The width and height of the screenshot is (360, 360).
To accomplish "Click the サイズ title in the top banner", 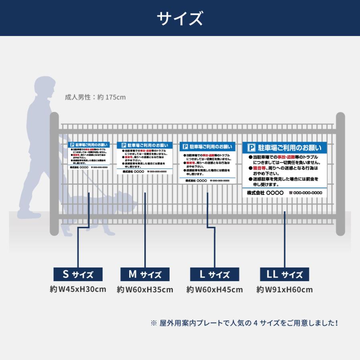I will click(180, 18).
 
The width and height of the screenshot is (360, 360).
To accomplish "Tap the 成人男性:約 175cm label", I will click(95, 97).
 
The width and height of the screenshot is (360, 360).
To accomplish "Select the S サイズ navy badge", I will click(78, 274).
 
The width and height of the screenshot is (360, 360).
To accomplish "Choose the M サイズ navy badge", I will click(145, 274).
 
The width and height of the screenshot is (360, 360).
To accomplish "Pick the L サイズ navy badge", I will click(214, 274).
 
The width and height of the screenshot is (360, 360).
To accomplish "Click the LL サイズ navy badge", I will click(284, 274).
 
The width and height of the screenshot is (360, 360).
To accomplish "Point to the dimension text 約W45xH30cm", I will click(78, 289).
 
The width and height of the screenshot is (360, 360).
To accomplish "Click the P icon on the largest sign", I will click(252, 148).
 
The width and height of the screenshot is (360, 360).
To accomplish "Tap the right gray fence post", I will click(340, 174).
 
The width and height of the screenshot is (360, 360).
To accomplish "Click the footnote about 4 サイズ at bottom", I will click(244, 323).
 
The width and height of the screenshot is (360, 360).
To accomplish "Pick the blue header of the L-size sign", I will click(207, 147).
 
